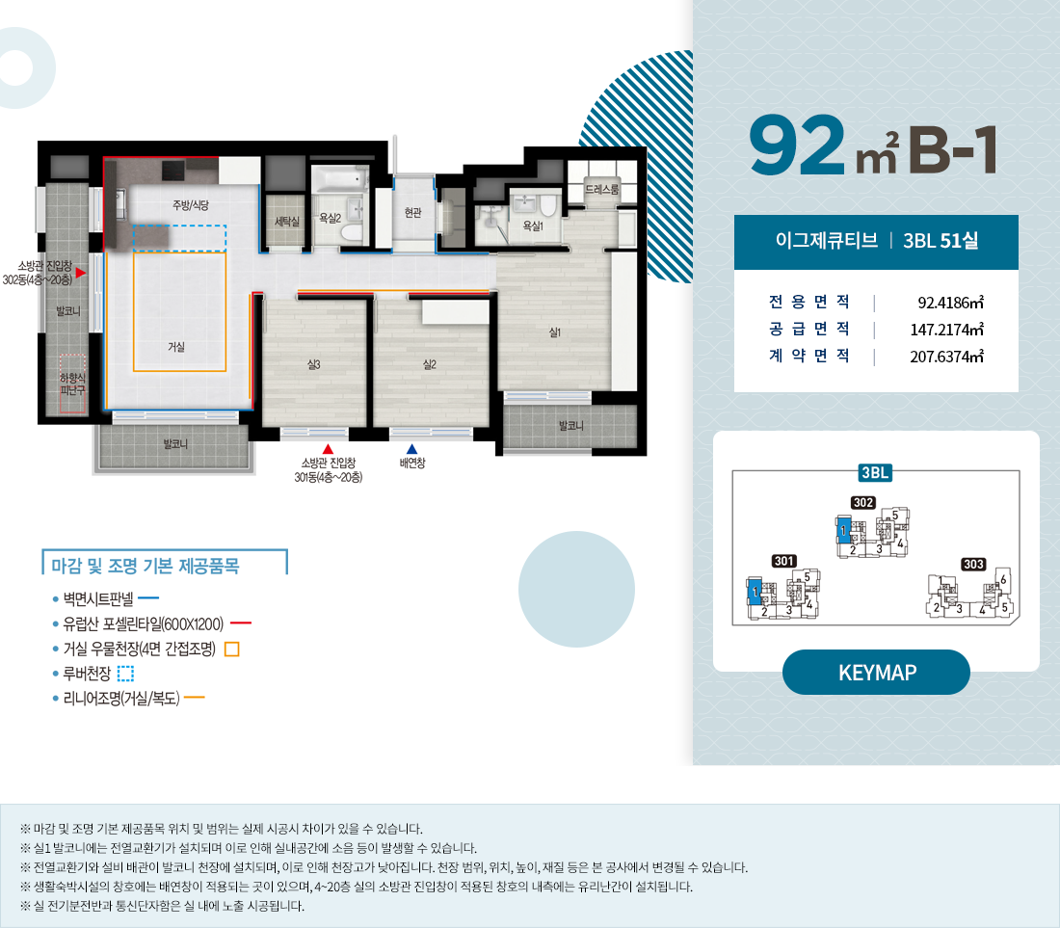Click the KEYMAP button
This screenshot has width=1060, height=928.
[875, 673]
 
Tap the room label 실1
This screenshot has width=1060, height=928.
[555, 332]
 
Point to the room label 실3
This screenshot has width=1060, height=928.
[313, 364]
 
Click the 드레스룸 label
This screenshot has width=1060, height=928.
[602, 191]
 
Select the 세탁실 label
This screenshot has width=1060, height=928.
[287, 222]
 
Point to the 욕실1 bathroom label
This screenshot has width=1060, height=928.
[533, 225]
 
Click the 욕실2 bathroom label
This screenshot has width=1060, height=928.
[331, 219]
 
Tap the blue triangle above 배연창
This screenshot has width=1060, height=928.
[411, 448]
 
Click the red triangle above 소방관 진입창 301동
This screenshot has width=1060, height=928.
[328, 448]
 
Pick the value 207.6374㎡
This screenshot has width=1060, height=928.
[946, 357]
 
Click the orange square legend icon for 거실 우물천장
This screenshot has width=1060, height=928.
[231, 649]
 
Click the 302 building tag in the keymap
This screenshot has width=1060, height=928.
[862, 502]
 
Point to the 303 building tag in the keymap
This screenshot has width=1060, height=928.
[973, 563]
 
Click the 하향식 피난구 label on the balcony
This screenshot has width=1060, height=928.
[73, 384]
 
